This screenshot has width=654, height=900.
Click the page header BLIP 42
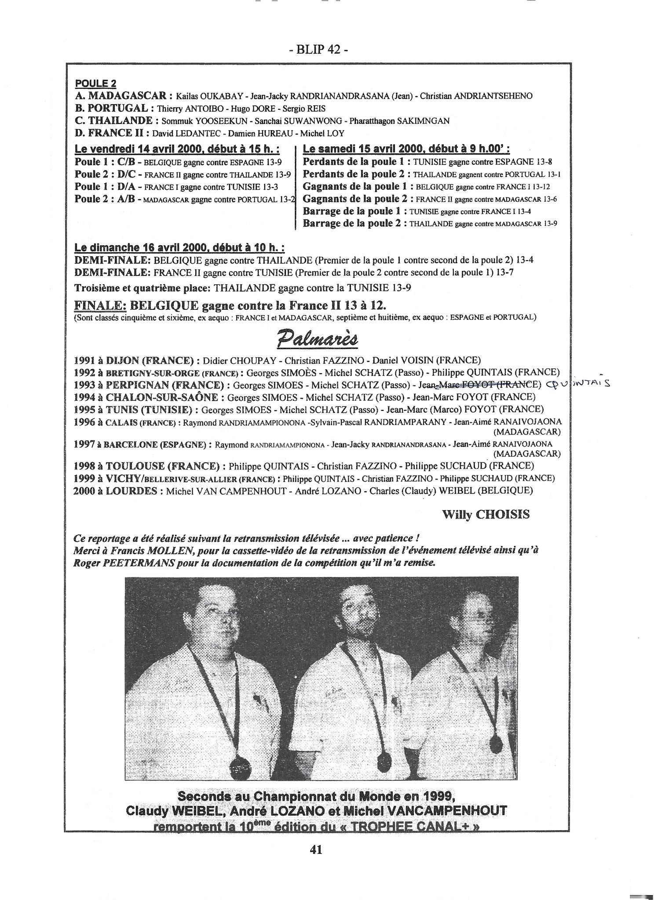(318, 50)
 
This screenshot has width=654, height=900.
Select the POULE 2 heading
(95, 83)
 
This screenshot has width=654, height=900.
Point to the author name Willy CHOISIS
(486, 515)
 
